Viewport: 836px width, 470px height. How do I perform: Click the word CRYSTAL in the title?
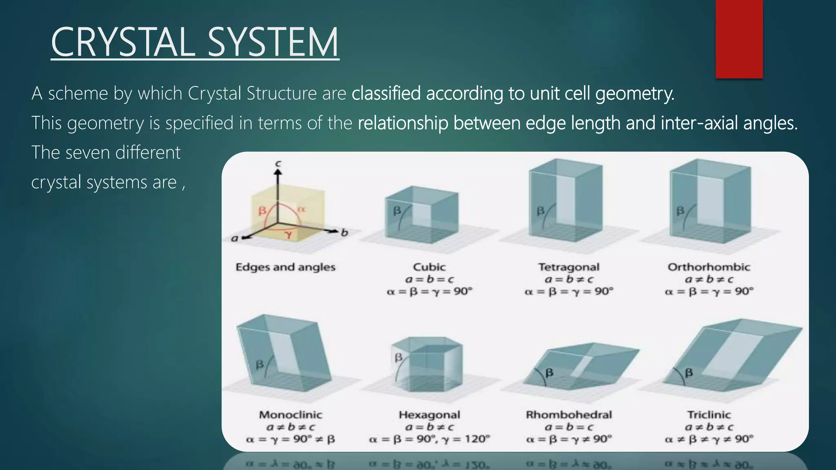click(122, 42)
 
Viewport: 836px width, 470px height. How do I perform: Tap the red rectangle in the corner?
click(739, 39)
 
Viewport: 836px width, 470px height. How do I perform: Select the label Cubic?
click(429, 267)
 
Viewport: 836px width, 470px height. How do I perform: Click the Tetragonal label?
click(569, 267)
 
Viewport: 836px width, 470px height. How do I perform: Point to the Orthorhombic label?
click(709, 267)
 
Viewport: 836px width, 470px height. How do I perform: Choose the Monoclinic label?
click(290, 415)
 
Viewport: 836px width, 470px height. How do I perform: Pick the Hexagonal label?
click(429, 415)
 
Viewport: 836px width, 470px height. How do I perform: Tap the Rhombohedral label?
click(569, 415)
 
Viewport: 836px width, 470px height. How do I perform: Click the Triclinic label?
click(709, 415)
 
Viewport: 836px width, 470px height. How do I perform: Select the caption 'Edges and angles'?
click(285, 267)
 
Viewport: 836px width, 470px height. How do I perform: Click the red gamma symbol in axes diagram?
click(289, 234)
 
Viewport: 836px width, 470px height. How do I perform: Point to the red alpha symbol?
click(301, 210)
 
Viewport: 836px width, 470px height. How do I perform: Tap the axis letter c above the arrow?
click(278, 164)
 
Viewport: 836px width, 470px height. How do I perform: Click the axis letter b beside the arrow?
click(345, 233)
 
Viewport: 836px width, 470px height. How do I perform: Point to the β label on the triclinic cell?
click(689, 372)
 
